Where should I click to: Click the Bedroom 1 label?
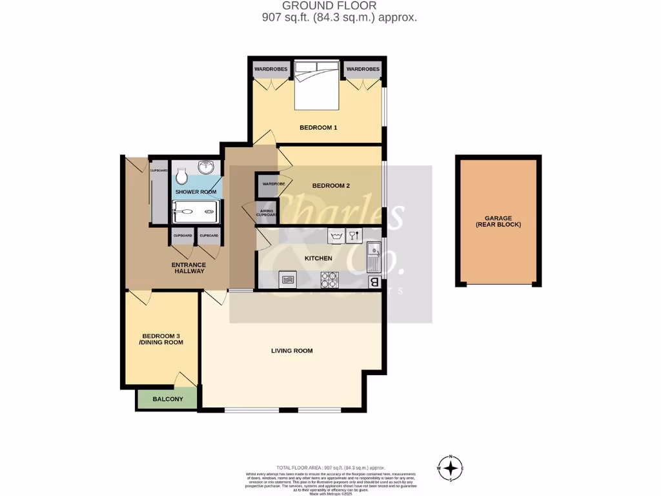click(x=318, y=127)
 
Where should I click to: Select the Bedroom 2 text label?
click(x=330, y=185)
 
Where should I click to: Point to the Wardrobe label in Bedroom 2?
click(x=273, y=184)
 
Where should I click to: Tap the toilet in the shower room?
click(x=182, y=176)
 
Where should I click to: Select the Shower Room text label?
click(x=196, y=192)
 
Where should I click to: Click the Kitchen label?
click(x=318, y=258)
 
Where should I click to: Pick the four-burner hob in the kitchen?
click(x=330, y=280)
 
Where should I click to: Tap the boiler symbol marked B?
click(x=374, y=282)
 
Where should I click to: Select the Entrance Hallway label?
click(x=188, y=267)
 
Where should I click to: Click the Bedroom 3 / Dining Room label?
click(x=163, y=339)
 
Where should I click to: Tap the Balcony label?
click(x=167, y=399)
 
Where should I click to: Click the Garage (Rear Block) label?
click(x=498, y=221)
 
